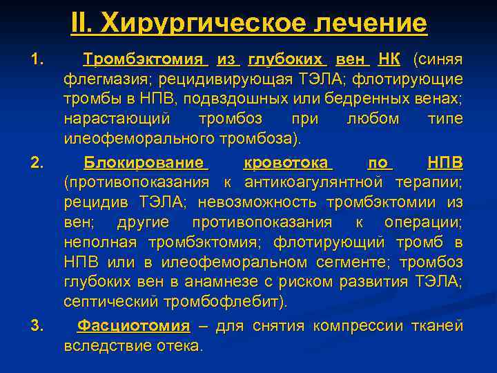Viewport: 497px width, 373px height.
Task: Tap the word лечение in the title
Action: pyautogui.click(x=371, y=24)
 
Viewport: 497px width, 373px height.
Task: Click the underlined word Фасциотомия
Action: pyautogui.click(x=133, y=326)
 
